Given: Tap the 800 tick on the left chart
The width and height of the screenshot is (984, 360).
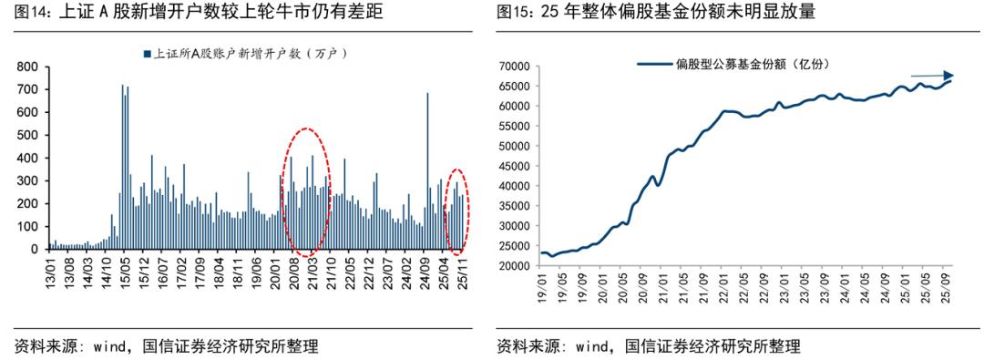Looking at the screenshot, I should click(26, 67).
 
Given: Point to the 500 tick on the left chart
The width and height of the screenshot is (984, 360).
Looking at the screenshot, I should click(26, 135).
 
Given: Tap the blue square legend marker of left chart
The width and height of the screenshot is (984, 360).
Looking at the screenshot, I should click(146, 55).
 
